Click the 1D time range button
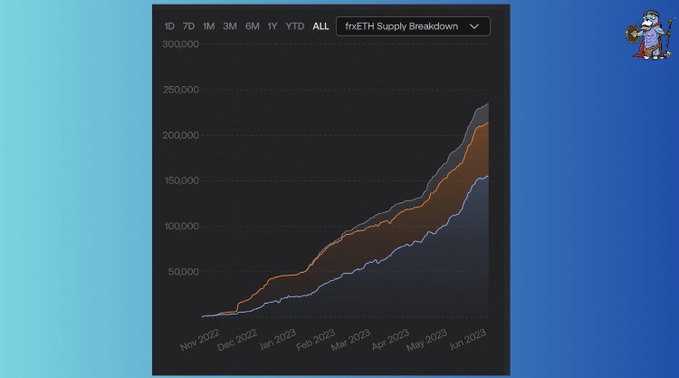point(169,26)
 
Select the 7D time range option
point(188,26)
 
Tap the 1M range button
point(209,26)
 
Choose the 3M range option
point(230,26)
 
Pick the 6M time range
point(252,26)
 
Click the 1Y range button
point(273,26)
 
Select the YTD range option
point(295,26)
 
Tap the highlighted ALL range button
point(320,26)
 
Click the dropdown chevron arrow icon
point(474,26)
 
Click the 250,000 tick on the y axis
point(181,91)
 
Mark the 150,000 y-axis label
point(181,180)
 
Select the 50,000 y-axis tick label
point(184,271)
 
